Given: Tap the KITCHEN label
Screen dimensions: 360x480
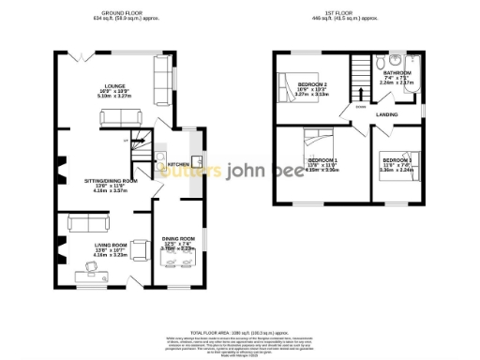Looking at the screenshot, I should click(178, 163).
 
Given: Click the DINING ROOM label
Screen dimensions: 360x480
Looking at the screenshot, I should click(179, 238).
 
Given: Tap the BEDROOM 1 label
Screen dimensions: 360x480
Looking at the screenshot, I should click(322, 160).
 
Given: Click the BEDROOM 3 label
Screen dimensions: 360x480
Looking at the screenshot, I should click(397, 160).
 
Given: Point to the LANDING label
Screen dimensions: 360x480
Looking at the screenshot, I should click(387, 114).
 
